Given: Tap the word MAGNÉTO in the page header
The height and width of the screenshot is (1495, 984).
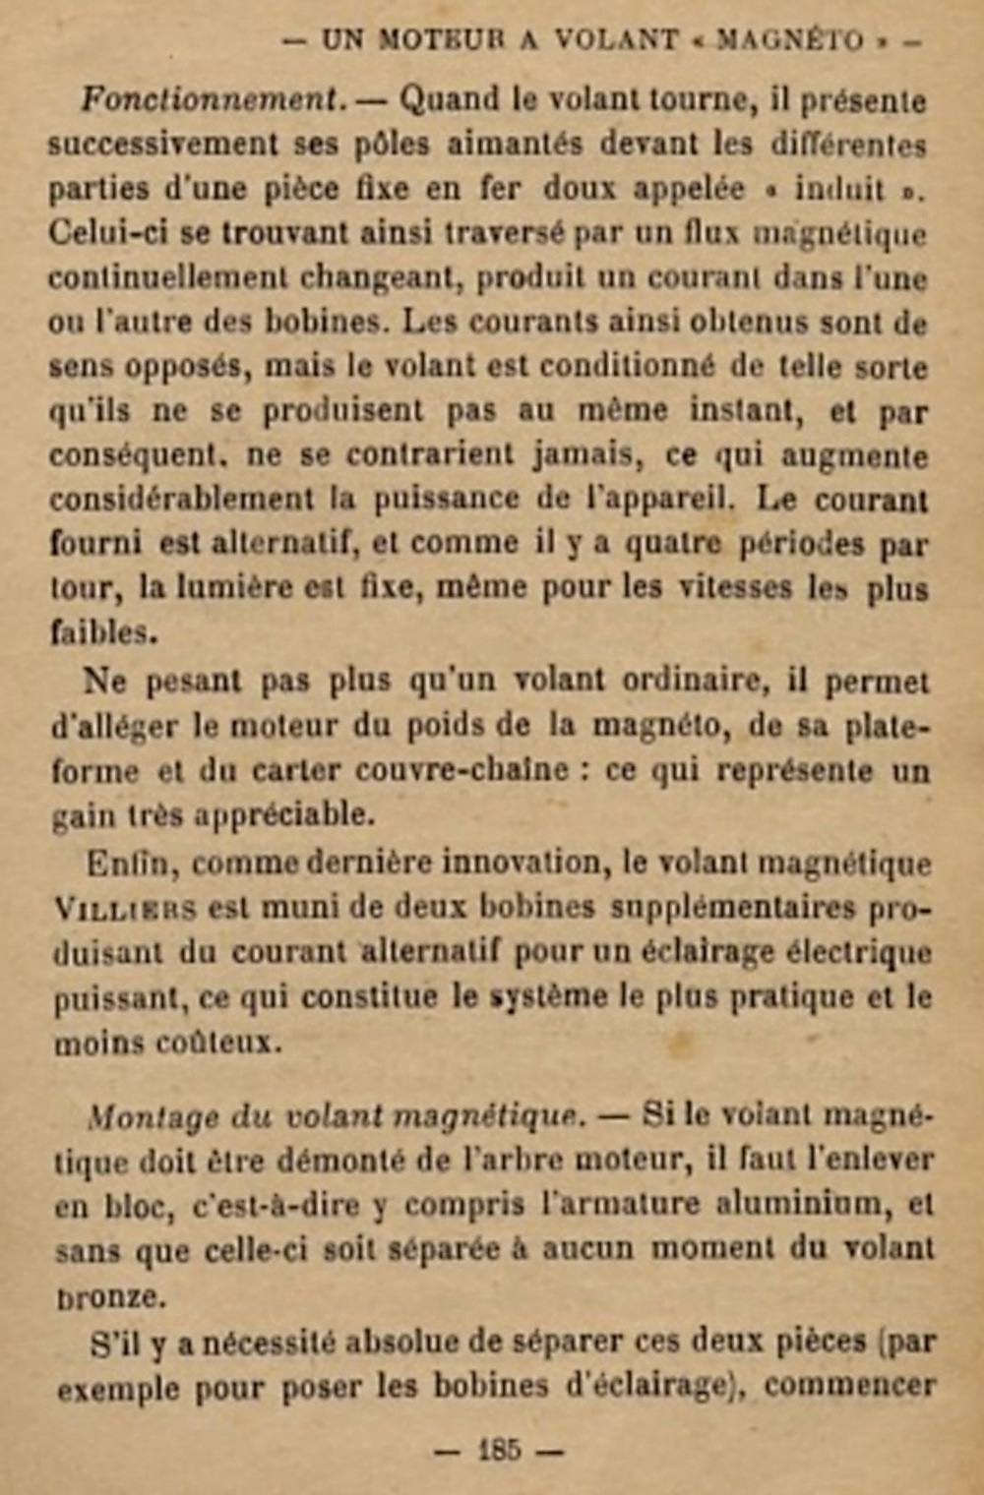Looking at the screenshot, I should (x=791, y=40).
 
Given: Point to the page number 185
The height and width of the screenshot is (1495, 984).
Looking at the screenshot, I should (x=499, y=1449).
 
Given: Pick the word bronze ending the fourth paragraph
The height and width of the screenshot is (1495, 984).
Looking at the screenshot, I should (x=108, y=1296).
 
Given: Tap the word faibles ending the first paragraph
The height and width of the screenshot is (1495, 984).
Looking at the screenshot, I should (x=103, y=632).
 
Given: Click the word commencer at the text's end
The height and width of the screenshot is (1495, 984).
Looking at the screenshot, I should (x=849, y=1386).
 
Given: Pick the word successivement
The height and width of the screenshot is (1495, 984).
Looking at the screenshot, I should (x=165, y=145).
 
